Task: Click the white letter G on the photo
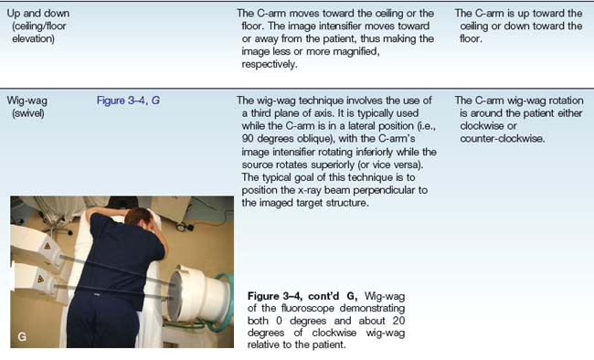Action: tap(22, 336)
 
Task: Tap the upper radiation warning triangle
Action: tap(48, 246)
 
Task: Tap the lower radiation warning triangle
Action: tap(40, 280)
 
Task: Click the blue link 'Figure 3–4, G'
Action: tap(128, 101)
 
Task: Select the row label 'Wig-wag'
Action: tap(27, 101)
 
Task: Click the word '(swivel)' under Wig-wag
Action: tap(28, 113)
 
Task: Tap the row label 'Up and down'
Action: tap(38, 14)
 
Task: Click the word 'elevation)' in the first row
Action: tap(33, 38)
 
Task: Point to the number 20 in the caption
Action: tap(398, 321)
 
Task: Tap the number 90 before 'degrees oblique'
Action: tap(248, 138)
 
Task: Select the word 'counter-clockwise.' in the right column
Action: tap(503, 139)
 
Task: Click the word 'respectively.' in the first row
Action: tap(270, 65)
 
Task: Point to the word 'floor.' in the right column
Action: tap(471, 38)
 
